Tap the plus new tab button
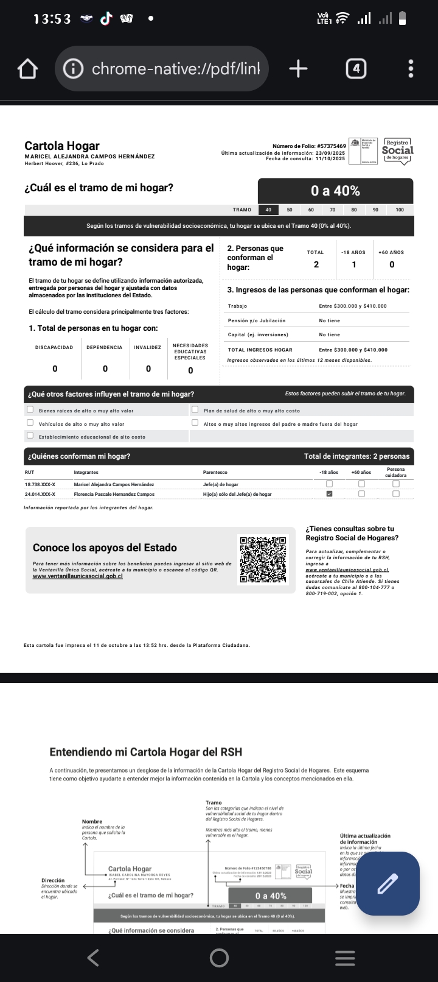tap(298, 69)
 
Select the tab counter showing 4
tap(356, 69)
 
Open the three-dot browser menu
tap(411, 69)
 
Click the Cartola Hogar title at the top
tap(62, 146)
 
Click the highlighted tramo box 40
tap(268, 210)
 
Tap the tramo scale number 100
tap(400, 210)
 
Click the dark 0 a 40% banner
tap(335, 191)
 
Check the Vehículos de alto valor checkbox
tap(30, 423)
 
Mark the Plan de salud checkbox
tap(195, 410)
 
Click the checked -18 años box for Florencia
tap(330, 494)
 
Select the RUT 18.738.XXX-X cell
tap(40, 484)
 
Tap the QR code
tap(263, 559)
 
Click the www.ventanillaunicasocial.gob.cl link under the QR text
tap(77, 576)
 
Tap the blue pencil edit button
tap(388, 883)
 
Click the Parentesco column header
tap(215, 472)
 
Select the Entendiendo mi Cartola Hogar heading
tap(145, 752)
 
